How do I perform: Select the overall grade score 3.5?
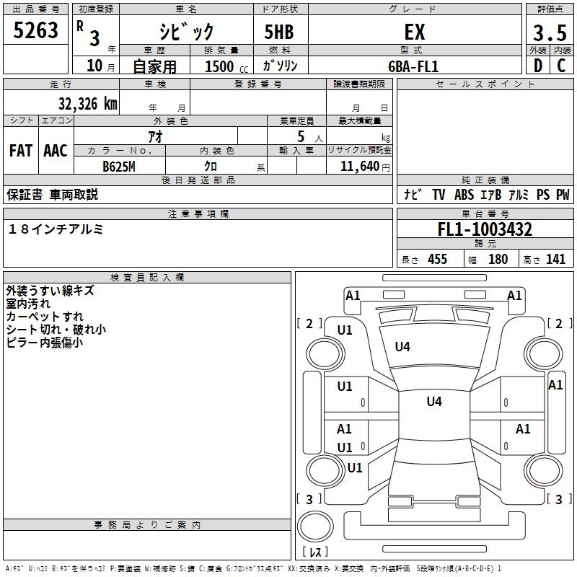pos(548,33)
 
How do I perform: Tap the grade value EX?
pos(413,32)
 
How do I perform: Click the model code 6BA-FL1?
pos(413,66)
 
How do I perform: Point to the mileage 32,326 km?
pos(87,103)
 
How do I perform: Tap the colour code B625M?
pos(119,165)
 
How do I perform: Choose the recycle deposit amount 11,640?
pos(358,166)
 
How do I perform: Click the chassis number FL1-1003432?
pos(485,229)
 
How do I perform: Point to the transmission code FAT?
pos(21,151)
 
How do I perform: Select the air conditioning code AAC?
pos(56,151)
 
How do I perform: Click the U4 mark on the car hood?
pos(402,347)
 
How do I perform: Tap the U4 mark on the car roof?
pos(433,402)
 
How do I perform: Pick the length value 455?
pos(437,259)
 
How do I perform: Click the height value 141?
pos(555,259)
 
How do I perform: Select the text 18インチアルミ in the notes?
pos(56,229)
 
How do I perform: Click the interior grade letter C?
pos(561,66)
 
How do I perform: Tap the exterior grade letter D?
pos(537,66)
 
